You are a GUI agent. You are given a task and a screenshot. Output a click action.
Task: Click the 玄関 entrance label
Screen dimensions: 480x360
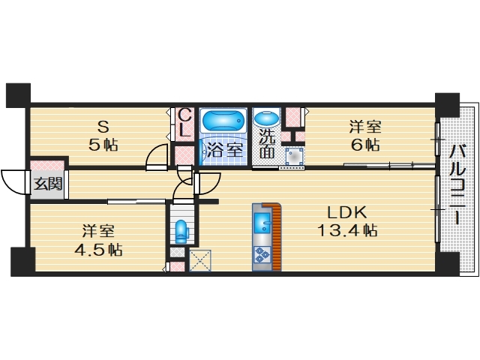[48, 184]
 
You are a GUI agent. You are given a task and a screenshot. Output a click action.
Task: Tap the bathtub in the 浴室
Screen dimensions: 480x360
[224, 120]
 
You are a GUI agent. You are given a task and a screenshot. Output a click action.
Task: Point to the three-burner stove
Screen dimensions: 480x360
[262, 255]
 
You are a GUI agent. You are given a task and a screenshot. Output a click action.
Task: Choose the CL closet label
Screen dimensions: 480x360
[185, 122]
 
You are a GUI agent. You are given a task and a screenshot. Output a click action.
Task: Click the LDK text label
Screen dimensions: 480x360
[346, 212]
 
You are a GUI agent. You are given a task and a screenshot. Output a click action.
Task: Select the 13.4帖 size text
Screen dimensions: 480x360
[347, 230]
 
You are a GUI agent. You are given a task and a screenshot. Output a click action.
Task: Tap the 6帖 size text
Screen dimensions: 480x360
[365, 145]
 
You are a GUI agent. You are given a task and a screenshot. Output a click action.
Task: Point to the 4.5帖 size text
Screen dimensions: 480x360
[98, 250]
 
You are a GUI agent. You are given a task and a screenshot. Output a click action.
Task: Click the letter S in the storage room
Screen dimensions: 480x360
[103, 127]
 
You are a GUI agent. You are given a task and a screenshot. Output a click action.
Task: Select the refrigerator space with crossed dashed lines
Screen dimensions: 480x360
[200, 260]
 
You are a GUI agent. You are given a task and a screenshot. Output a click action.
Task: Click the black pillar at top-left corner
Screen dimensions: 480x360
[18, 95]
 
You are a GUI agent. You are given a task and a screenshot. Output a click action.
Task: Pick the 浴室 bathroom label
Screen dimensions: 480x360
[225, 150]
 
